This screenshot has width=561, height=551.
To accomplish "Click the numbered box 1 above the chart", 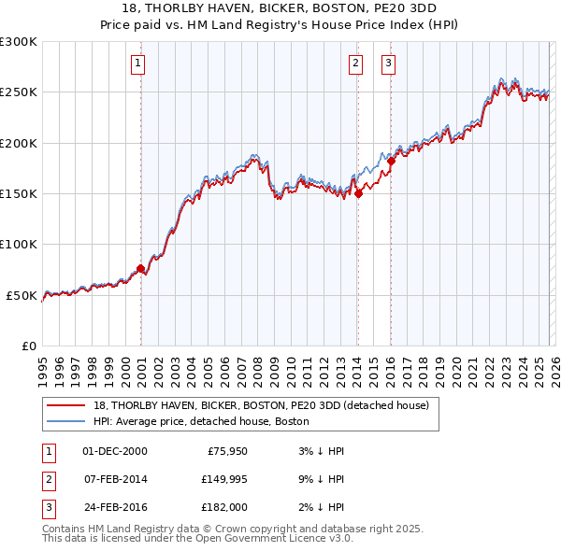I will pyautogui.click(x=137, y=64).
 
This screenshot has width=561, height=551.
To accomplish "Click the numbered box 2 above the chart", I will pyautogui.click(x=356, y=64).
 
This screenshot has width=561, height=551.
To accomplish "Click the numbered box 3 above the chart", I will pyautogui.click(x=388, y=64).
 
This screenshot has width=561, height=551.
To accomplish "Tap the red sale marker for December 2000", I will pyautogui.click(x=140, y=269).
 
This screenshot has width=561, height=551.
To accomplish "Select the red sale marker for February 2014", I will pyautogui.click(x=358, y=194).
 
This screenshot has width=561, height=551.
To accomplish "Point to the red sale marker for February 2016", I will pyautogui.click(x=392, y=162).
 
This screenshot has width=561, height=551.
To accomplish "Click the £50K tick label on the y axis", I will pyautogui.click(x=22, y=295).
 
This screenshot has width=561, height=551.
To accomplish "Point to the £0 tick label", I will pyautogui.click(x=29, y=346).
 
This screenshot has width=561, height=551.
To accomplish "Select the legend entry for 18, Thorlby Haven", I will pyautogui.click(x=260, y=405).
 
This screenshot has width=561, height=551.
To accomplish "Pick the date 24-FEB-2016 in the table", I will pyautogui.click(x=114, y=507).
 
